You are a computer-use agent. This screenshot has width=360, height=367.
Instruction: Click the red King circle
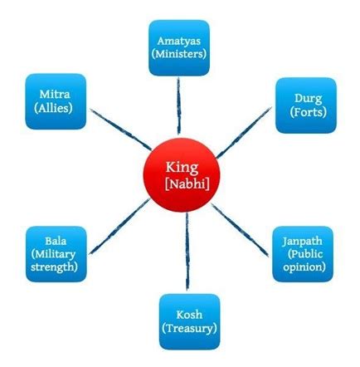pos(182,175)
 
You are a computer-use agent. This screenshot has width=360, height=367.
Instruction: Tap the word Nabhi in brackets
pos(187,183)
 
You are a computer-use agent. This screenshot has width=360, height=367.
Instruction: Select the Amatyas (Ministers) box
pos(179,47)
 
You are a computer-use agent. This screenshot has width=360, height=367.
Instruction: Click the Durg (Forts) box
pos(306,105)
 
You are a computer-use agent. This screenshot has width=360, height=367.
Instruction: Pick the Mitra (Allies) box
pos(56,101)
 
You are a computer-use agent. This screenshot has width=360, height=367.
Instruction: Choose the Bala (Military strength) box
pos(56,254)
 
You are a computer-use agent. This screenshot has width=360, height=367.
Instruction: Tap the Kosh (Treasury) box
pos(189,321)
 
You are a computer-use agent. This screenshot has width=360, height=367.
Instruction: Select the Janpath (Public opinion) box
pos(303,254)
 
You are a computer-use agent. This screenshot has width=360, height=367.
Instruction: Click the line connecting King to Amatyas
pos(179,105)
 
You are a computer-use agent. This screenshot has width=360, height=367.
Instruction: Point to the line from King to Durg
pos(243,133)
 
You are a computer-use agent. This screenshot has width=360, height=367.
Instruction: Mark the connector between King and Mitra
pos(121,130)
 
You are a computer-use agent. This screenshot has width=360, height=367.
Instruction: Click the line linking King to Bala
pos(119,226)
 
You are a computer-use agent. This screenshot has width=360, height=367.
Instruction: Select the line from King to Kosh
pos(187,252)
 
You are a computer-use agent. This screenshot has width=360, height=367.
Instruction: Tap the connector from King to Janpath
pos(240,230)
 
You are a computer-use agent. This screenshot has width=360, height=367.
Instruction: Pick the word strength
pos(54,267)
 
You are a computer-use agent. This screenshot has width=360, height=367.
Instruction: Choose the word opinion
pos(304,267)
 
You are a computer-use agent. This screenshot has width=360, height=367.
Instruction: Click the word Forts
pos(308,112)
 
